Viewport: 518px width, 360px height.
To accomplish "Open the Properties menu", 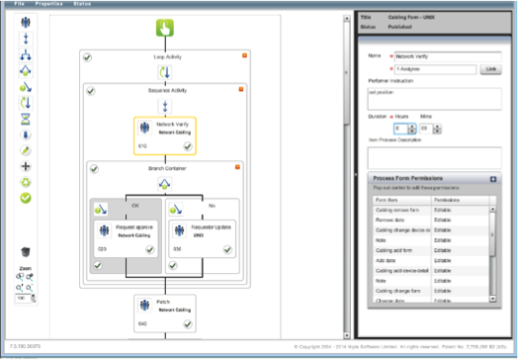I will [49, 4].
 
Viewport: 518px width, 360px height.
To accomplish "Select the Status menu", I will [85, 4].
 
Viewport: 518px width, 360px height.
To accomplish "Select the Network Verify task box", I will [165, 135].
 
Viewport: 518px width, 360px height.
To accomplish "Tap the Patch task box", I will [165, 309].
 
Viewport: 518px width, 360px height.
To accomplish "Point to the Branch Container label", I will [165, 169].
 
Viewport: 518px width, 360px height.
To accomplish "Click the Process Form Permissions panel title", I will [400, 178].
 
